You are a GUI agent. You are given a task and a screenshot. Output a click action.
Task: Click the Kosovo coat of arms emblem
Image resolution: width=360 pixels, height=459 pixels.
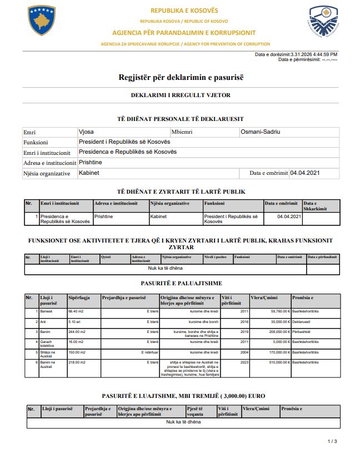(x=42, y=21)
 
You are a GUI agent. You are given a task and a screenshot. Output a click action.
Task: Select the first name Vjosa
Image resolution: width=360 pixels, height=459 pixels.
(x=87, y=132)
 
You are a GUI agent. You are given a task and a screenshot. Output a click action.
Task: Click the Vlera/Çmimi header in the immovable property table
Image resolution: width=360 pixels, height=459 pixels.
(x=264, y=298)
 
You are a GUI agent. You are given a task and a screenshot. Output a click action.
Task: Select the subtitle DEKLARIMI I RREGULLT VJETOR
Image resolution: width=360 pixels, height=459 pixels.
(x=181, y=95)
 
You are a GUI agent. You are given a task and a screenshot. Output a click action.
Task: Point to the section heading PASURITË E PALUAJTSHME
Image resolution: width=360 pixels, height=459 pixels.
(x=181, y=284)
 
